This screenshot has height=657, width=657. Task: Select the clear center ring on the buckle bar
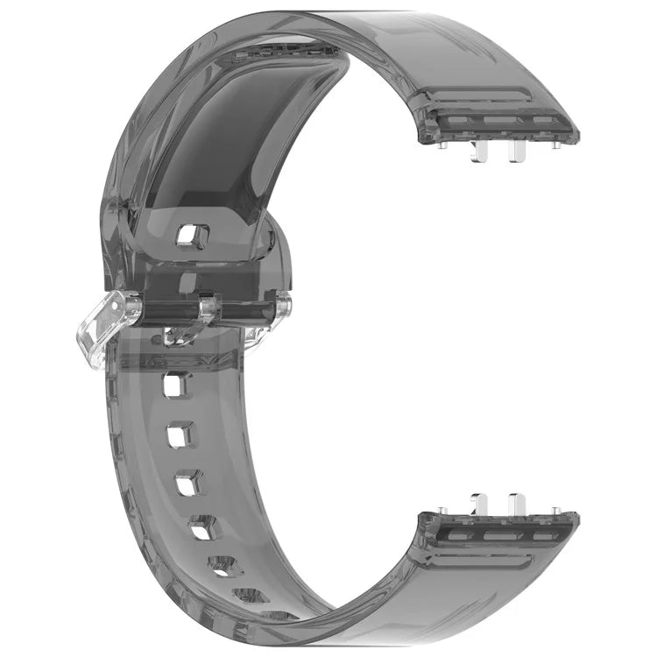pyautogui.click(x=208, y=308)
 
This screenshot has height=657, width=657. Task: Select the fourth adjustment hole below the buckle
pyautogui.click(x=203, y=526)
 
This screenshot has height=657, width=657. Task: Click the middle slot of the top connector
pyautogui.click(x=499, y=124)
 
